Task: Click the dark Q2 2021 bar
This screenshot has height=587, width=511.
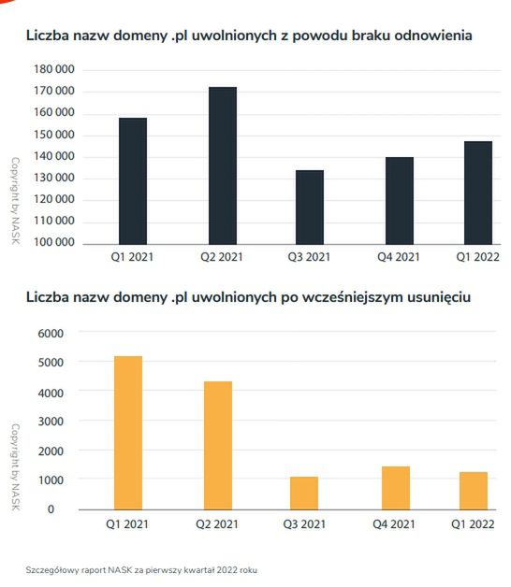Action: pyautogui.click(x=222, y=165)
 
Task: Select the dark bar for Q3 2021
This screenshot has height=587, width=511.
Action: pyautogui.click(x=309, y=207)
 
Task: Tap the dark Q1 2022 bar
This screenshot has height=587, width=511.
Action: pyautogui.click(x=477, y=193)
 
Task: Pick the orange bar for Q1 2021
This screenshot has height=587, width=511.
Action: pyautogui.click(x=128, y=432)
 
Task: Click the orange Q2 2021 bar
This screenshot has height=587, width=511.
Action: pyautogui.click(x=217, y=445)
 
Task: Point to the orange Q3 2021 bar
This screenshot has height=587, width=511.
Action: pyautogui.click(x=305, y=493)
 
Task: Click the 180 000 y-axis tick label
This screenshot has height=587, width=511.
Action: pyautogui.click(x=53, y=70)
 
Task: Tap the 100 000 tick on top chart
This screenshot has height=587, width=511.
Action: pyautogui.click(x=53, y=243)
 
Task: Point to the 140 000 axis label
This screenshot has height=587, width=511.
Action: pyautogui.click(x=53, y=157)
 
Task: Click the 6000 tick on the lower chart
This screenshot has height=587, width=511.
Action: pyautogui.click(x=50, y=333)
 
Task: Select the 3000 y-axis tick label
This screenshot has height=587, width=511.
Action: pyautogui.click(x=50, y=422)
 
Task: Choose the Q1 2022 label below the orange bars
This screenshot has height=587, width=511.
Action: pyautogui.click(x=474, y=524)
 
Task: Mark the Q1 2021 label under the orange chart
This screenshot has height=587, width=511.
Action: pyautogui.click(x=128, y=524)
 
